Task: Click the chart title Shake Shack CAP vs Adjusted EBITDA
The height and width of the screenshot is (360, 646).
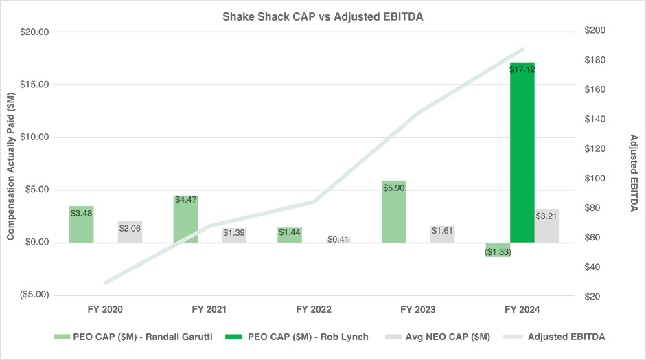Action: tap(323, 16)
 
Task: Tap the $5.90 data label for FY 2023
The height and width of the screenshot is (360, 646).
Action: tap(394, 187)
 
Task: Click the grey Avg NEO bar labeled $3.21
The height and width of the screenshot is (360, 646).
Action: tap(546, 227)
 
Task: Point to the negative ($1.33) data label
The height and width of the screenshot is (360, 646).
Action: tap(498, 252)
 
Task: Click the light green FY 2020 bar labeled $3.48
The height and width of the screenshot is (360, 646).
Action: tap(81, 224)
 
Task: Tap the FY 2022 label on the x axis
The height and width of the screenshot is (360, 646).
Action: tap(314, 310)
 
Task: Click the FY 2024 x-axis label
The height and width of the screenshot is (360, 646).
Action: tap(522, 310)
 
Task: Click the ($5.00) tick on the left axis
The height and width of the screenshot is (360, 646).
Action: tap(32, 295)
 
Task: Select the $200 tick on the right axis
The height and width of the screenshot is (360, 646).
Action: tap(595, 32)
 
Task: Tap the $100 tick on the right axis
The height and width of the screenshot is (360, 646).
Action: tap(595, 179)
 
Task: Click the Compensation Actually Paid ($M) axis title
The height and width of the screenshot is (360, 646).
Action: tap(11, 164)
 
